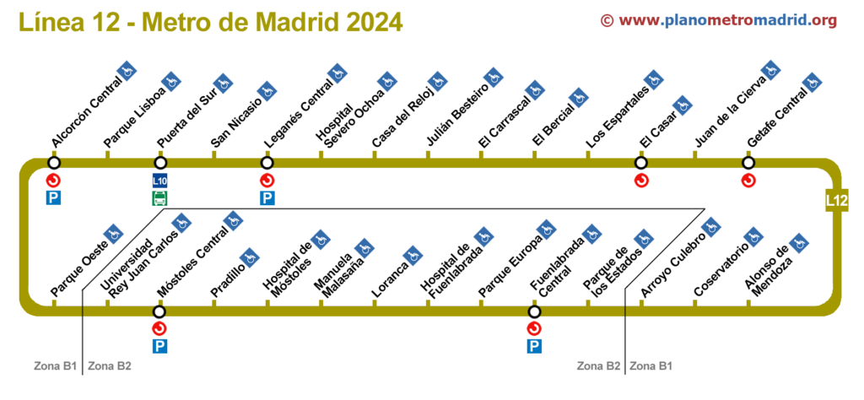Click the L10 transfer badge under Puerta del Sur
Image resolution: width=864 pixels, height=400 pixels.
(x=159, y=181)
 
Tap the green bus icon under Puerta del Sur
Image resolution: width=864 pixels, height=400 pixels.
(x=159, y=198)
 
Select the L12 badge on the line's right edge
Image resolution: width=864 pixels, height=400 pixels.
(x=836, y=201)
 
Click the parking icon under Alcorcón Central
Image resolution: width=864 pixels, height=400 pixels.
(x=54, y=198)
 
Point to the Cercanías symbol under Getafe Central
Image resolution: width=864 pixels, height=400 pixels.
(x=748, y=180)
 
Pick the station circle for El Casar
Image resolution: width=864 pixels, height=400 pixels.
(x=640, y=163)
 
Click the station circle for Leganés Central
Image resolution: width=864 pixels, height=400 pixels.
(x=267, y=163)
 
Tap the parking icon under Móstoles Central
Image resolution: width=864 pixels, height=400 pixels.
(x=159, y=346)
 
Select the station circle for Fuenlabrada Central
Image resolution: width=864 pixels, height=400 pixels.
(x=533, y=311)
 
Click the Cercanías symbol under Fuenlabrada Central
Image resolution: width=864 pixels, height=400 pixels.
(x=533, y=328)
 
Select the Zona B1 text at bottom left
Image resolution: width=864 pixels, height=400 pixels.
(x=56, y=366)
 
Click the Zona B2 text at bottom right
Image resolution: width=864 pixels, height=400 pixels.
(x=598, y=366)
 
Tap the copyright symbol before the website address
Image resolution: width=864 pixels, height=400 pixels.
(x=607, y=20)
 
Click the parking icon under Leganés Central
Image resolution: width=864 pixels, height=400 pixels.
(x=267, y=198)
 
